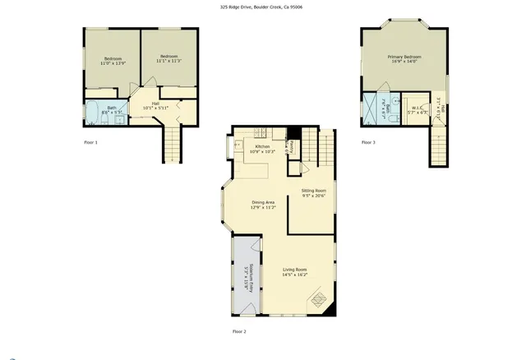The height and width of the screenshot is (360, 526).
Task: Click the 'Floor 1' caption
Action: (91, 143)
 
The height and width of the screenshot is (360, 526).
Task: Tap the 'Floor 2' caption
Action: (239, 331)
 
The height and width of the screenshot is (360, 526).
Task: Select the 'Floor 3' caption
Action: (368, 143)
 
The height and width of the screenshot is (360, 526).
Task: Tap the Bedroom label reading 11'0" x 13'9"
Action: (113, 61)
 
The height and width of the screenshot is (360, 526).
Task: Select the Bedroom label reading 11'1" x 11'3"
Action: (168, 58)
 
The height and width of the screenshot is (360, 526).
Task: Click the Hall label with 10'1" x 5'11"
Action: (154, 105)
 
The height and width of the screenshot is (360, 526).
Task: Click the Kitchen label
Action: (262, 149)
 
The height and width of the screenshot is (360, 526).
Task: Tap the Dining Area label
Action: (263, 205)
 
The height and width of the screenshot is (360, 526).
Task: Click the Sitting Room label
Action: (314, 193)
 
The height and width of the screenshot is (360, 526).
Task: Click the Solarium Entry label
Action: (245, 278)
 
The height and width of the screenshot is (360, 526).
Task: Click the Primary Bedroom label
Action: (404, 59)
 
